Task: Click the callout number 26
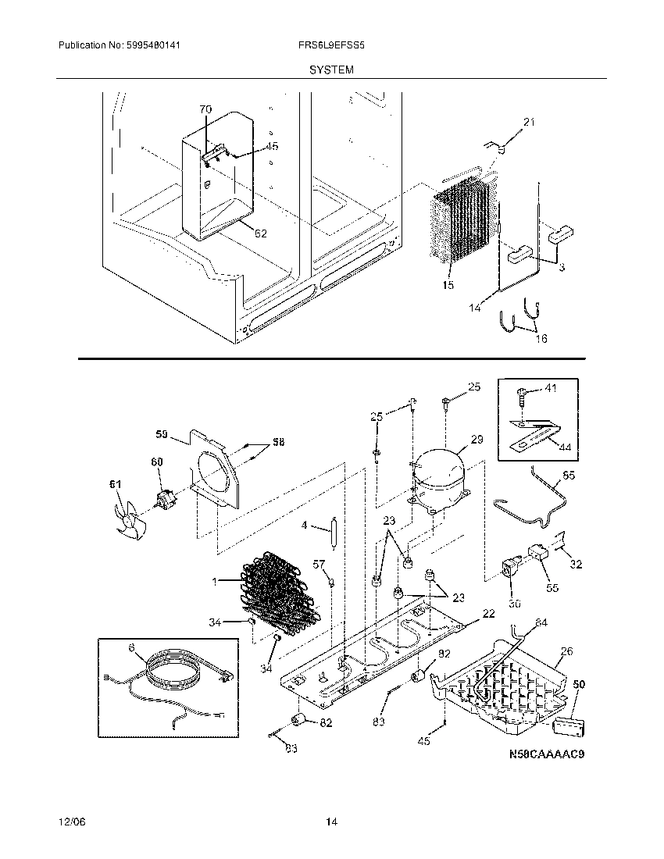tap(566, 650)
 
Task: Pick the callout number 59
tap(162, 433)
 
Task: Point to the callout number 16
tap(541, 338)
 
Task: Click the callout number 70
tap(205, 110)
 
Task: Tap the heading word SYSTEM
tap(331, 70)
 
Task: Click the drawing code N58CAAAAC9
tap(547, 754)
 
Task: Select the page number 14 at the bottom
tap(331, 822)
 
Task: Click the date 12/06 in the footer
tap(70, 822)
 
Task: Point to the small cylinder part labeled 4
tap(333, 536)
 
